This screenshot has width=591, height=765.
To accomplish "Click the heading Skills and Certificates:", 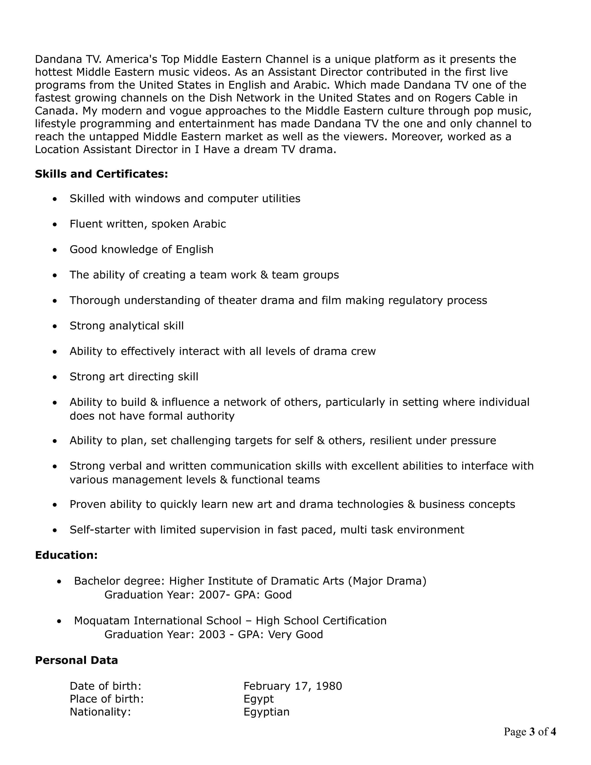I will click(x=101, y=174).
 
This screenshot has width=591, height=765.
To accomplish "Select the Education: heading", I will click(x=66, y=555).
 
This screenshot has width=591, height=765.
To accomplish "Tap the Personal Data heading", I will click(x=76, y=660).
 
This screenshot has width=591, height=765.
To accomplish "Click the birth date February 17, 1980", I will click(x=293, y=686).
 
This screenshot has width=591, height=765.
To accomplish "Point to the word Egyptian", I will click(x=266, y=712).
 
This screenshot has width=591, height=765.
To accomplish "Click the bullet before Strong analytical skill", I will click(x=55, y=326).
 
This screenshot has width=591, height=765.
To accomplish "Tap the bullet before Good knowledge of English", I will click(x=55, y=250).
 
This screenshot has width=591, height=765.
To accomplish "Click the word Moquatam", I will click(x=102, y=621).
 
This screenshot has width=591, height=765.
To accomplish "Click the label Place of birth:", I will click(x=107, y=699).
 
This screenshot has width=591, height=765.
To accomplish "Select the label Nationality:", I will click(x=100, y=712).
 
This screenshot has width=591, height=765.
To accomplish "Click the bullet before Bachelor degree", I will click(x=59, y=582).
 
